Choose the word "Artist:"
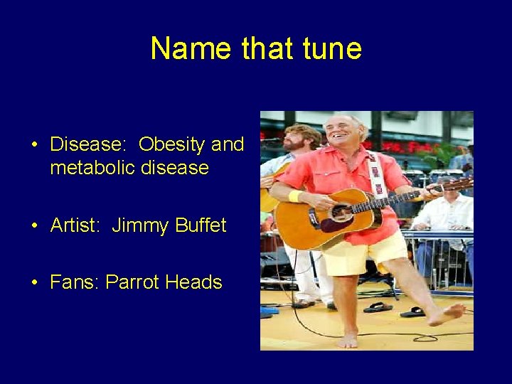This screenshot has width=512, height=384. coord(76,226)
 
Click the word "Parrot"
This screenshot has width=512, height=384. coord(132,282)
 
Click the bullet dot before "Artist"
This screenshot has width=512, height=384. coord(33,227)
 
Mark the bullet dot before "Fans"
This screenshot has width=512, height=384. coord(33,283)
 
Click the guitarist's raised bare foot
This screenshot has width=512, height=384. coord(448,314)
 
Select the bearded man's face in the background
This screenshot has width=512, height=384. coord(293,137)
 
